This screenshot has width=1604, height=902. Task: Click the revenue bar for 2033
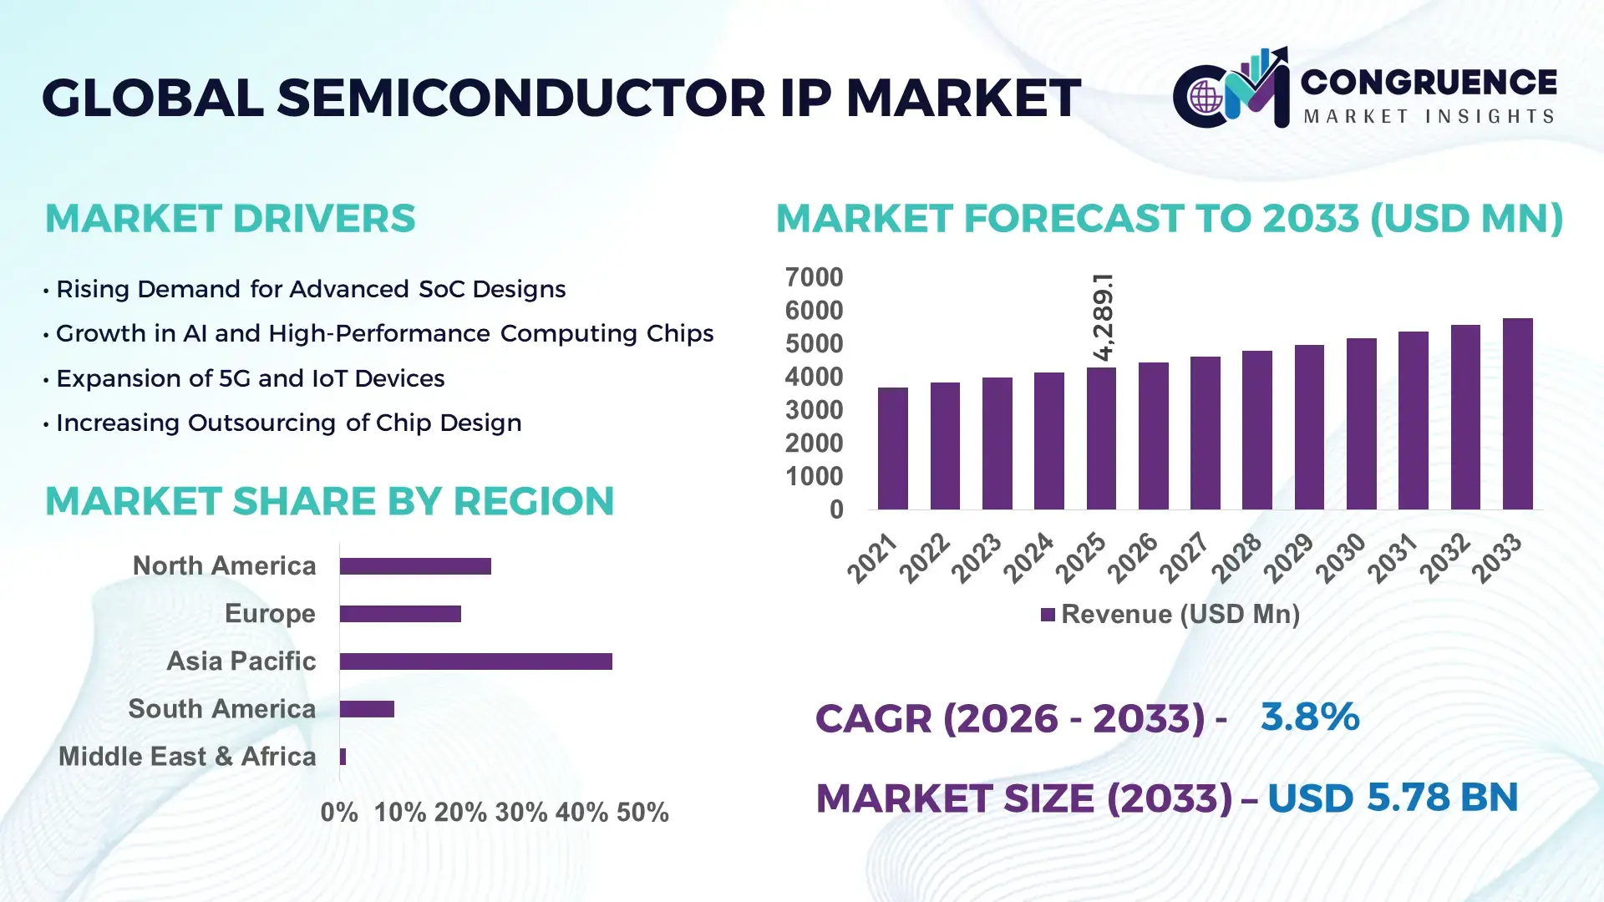tap(1517, 414)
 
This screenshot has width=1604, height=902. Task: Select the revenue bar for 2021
tap(892, 448)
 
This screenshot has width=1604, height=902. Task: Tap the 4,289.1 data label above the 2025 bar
tap(1103, 317)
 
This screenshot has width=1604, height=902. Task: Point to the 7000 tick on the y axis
tap(814, 277)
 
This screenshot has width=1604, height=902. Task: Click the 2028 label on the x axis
tap(1237, 557)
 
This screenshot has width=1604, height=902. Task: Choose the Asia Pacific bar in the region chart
tap(475, 661)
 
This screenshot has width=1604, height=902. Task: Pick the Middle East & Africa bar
tap(343, 757)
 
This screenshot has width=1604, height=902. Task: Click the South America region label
tap(221, 709)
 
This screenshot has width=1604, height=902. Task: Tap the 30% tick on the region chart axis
tap(520, 812)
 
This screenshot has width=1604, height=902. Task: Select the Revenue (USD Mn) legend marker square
tap(1048, 615)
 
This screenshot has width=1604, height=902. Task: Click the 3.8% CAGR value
tap(1309, 717)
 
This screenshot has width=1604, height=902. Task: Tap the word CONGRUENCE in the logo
tap(1429, 82)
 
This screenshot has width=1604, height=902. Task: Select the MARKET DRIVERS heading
tap(230, 219)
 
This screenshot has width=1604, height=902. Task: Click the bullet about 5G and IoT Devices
tap(249, 378)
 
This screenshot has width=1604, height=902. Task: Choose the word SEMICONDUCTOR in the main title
tap(520, 98)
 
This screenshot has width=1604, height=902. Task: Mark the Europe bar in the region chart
tap(400, 614)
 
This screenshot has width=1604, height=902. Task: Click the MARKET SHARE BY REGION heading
tap(329, 501)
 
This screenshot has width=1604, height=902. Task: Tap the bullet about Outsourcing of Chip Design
tap(288, 423)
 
